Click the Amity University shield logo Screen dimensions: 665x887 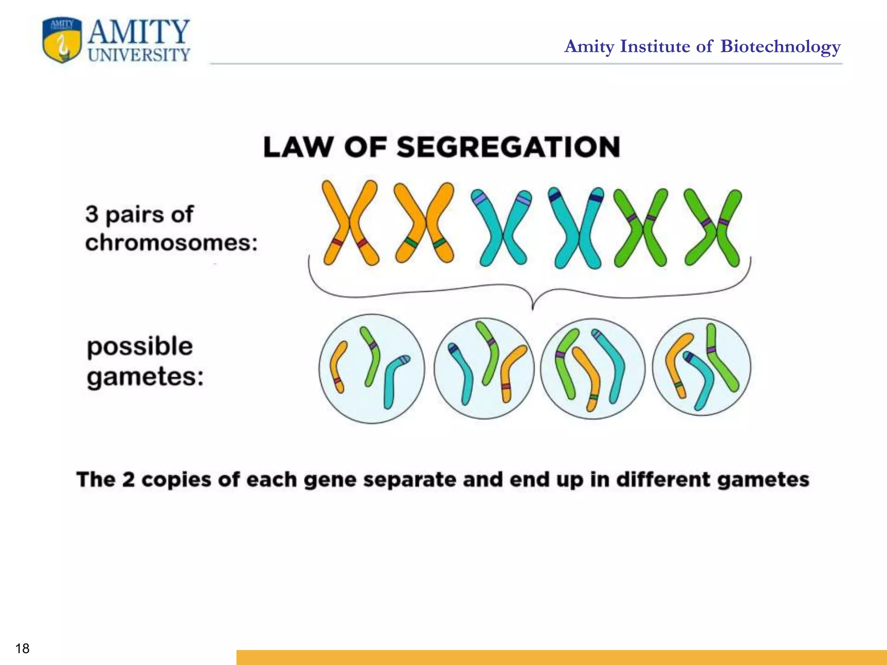pyautogui.click(x=62, y=41)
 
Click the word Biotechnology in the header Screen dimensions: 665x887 pyautogui.click(x=780, y=46)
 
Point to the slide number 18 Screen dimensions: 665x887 pyautogui.click(x=22, y=649)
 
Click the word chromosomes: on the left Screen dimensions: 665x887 pyautogui.click(x=171, y=242)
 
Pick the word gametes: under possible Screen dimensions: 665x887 pyautogui.click(x=145, y=376)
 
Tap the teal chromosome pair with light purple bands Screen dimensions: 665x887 pyautogui.click(x=502, y=228)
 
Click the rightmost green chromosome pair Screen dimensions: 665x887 pyautogui.click(x=712, y=228)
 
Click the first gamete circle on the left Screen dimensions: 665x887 pyautogui.click(x=372, y=368)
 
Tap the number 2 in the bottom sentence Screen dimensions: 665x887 pyautogui.click(x=128, y=480)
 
